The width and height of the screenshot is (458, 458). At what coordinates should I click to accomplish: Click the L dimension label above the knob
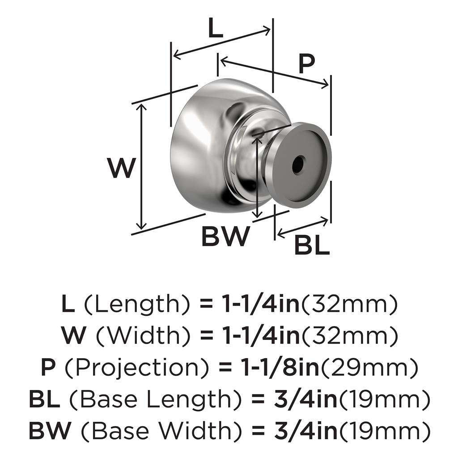pyautogui.click(x=215, y=30)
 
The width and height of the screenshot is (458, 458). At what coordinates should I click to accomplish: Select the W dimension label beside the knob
pyautogui.click(x=121, y=169)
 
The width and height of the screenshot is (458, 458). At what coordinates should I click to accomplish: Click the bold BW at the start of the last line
pyautogui.click(x=49, y=430)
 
